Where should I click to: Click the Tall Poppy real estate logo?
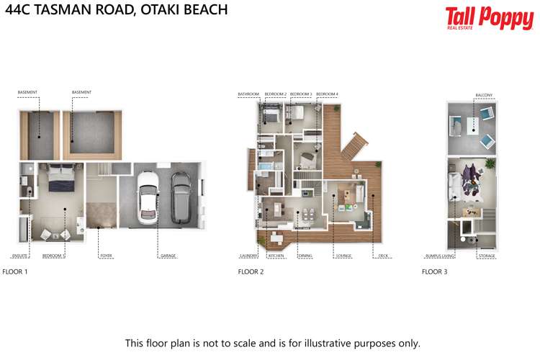coord(479,18)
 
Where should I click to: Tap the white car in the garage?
coord(148,195)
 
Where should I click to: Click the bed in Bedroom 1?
coord(55,180)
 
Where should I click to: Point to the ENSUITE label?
coord(19,256)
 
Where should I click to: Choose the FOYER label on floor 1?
coord(105,256)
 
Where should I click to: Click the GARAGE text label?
coord(167,256)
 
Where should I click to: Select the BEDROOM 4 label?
coord(327,94)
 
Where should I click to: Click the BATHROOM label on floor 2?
coord(248,94)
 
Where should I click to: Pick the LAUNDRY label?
coord(248,256)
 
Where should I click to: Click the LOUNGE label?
coord(343,256)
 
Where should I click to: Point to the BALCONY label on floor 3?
coord(484,94)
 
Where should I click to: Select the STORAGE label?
coord(487,256)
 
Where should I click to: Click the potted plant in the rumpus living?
coord(490,165)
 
